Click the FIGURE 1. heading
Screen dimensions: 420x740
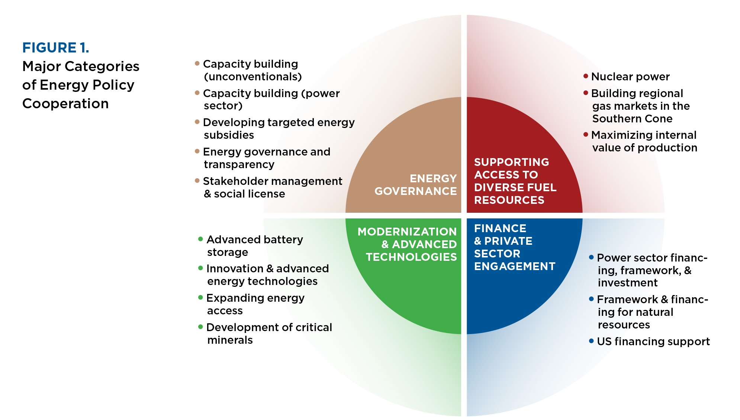(56, 48)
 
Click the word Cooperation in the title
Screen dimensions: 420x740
(65, 103)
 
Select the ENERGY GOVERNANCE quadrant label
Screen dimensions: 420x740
(415, 185)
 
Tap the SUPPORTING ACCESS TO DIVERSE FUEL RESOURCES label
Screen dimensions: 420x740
(515, 181)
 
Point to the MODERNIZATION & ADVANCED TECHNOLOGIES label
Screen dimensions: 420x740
(407, 244)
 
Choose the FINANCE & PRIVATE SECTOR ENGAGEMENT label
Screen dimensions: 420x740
(514, 247)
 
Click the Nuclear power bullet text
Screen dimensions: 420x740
(630, 77)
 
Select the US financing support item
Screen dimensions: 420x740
(653, 342)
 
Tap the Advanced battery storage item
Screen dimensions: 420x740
(255, 246)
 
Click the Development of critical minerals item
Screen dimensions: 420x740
(269, 333)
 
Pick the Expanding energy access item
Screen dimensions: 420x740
(255, 304)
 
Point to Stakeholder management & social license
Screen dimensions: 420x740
(272, 187)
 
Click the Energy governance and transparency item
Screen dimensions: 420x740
(266, 158)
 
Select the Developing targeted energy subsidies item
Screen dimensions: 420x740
(279, 128)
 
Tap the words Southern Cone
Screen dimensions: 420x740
(632, 119)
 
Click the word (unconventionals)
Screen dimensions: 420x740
(253, 77)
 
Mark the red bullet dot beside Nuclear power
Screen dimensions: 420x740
(586, 76)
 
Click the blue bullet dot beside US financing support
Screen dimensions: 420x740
(591, 341)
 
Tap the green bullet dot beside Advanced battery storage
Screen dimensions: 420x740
(200, 239)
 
